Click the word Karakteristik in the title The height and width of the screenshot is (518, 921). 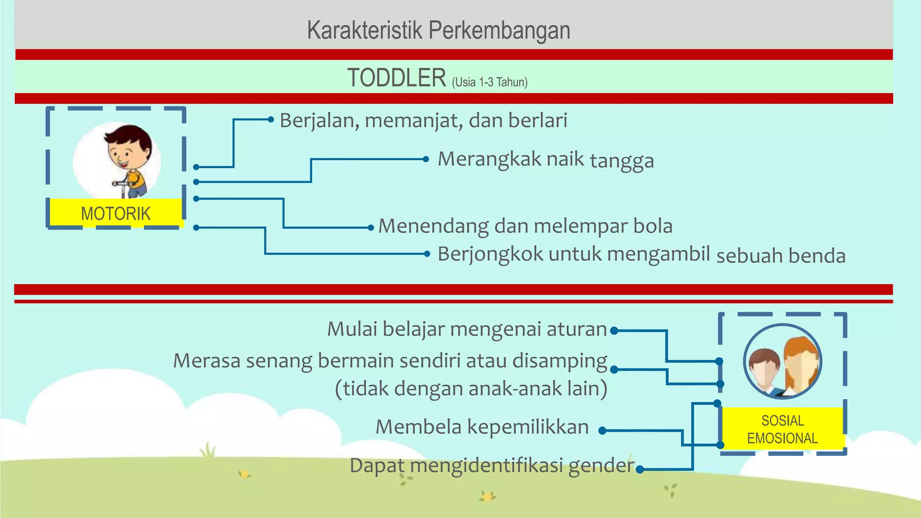point(365,31)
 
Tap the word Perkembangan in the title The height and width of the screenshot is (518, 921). point(499,31)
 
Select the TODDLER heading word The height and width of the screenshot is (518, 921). point(397,78)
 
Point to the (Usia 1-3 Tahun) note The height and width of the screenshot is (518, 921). point(490,82)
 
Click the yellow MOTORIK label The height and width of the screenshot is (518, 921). point(116,213)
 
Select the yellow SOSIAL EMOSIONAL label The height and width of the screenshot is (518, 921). point(782,429)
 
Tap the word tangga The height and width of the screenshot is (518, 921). point(621,161)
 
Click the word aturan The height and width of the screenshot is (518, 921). point(577,329)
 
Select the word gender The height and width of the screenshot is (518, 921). point(601,466)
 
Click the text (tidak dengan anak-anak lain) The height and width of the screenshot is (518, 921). point(471,388)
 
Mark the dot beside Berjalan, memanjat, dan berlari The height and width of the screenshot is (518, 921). point(271,119)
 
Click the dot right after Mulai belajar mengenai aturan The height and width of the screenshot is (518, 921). point(614,331)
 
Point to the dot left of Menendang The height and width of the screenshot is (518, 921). point(371,228)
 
